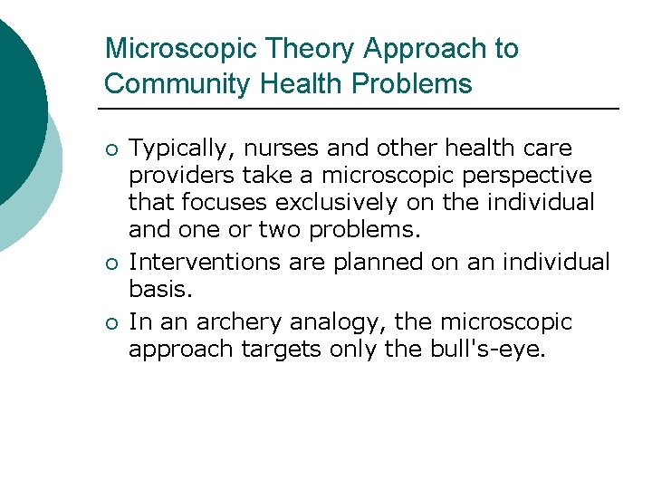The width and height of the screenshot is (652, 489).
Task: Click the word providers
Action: pos(182,175)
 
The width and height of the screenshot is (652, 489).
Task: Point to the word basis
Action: pos(159,290)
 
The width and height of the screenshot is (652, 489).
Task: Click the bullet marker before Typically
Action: pos(110,149)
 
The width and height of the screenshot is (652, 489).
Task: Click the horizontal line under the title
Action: pos(362,110)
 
